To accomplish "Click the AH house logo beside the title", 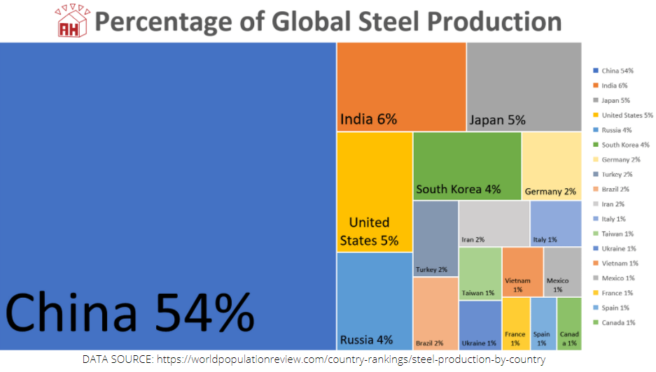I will pos(72,22).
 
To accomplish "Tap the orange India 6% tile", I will pos(401,86).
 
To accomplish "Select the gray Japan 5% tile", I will pos(524,86).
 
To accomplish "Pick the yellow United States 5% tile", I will pos(374,192).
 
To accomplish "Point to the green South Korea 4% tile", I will pos(467,166).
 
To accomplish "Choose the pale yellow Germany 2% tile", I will pos(551,166).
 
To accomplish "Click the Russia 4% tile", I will pos(374,301).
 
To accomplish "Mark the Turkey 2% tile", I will pos(435,238).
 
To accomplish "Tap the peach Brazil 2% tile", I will pos(435,313).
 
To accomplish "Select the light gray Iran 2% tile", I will pos(494,224).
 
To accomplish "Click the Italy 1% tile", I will pos(555,224).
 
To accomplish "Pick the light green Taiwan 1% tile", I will pos(480,273).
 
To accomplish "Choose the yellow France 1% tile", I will pos(515,323).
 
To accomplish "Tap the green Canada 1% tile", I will pos(568,323).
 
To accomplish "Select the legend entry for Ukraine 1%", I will pos(618,248).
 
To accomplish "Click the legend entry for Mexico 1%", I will pos(618,278).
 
